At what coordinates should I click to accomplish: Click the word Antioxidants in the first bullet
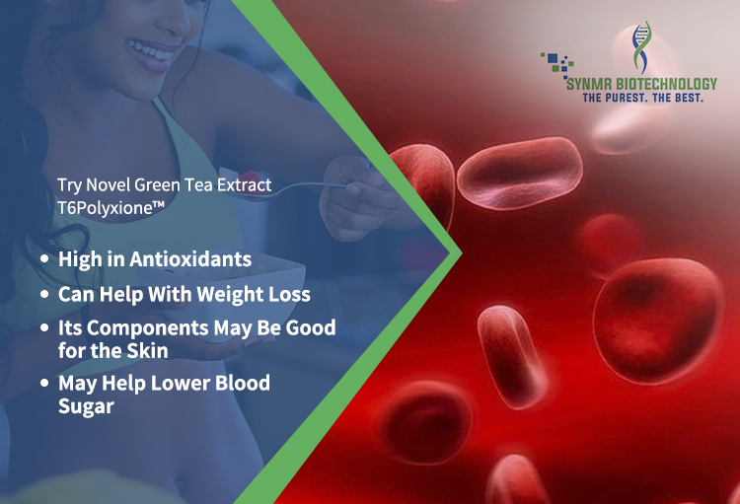(190, 259)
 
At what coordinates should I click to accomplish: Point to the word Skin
(148, 350)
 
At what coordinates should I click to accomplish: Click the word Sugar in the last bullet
(86, 406)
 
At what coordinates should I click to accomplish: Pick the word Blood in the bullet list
(243, 383)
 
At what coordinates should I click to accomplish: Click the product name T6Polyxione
(111, 208)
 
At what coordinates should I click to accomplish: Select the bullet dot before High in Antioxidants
(44, 259)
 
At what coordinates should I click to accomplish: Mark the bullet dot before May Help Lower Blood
(44, 383)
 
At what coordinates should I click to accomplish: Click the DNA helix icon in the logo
(641, 47)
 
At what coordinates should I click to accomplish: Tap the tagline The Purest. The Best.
(642, 98)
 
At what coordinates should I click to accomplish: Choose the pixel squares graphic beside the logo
(556, 65)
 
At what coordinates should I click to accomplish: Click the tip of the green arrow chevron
(462, 252)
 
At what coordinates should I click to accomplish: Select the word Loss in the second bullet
(289, 295)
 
